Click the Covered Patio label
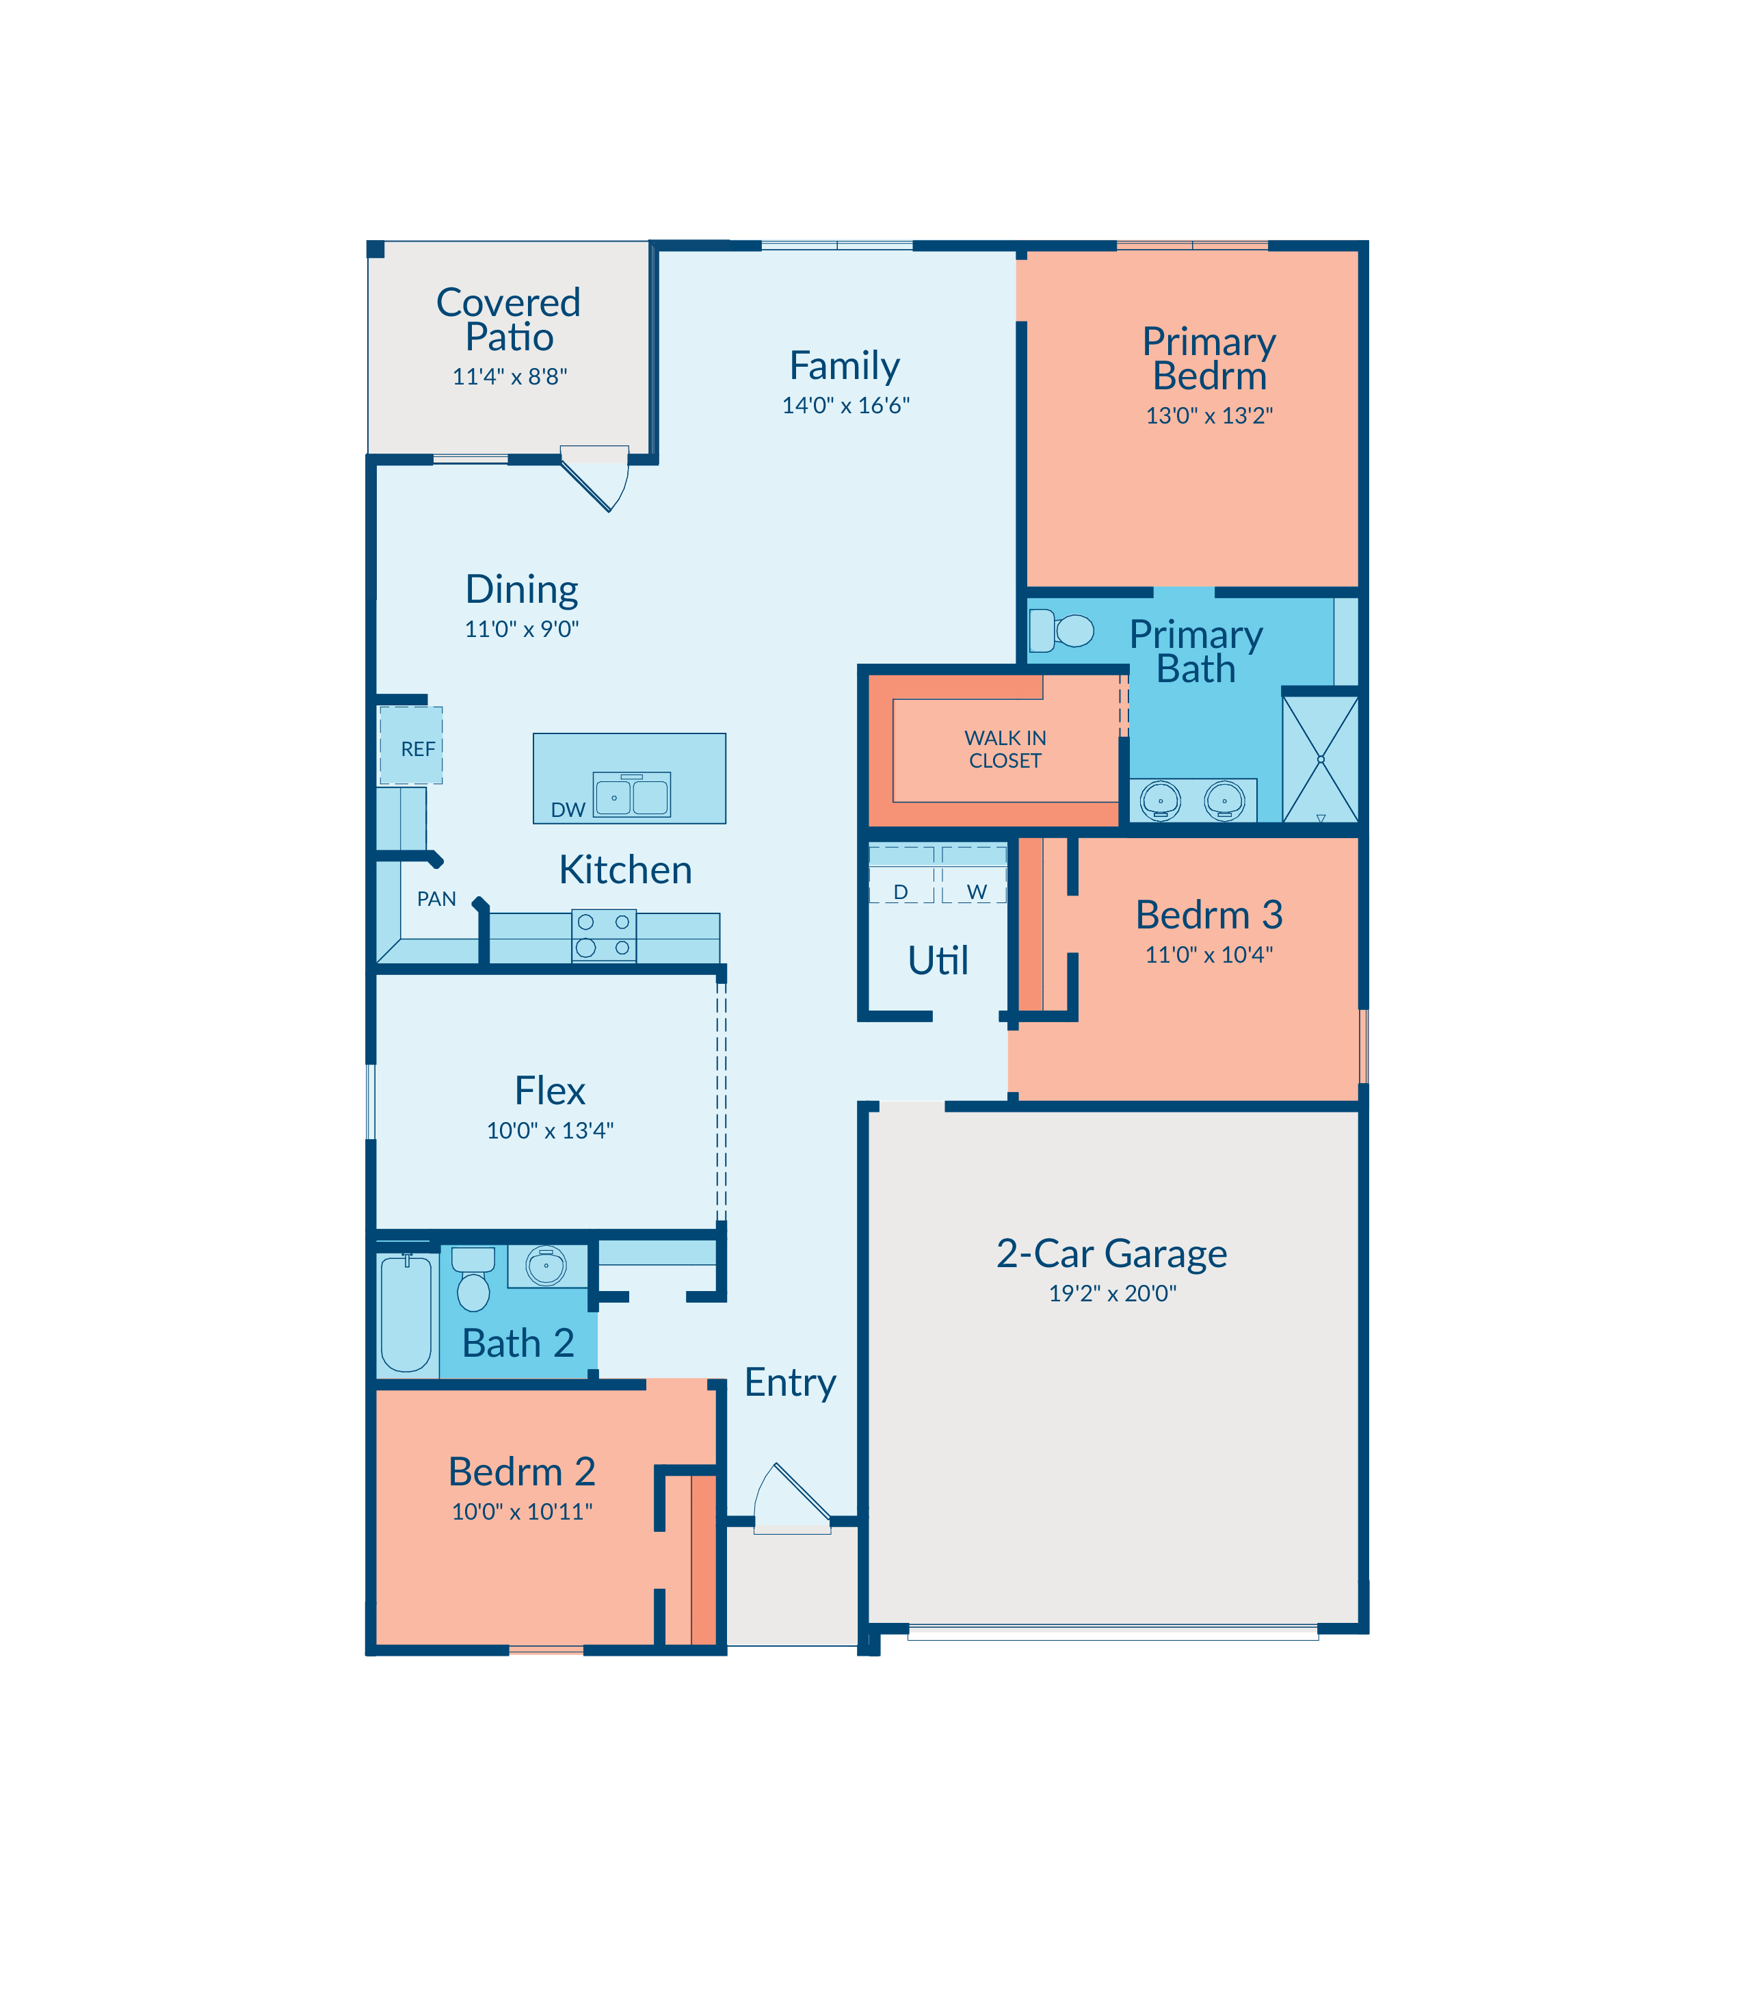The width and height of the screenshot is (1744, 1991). tap(508, 320)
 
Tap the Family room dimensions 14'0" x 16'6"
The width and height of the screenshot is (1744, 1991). tap(846, 405)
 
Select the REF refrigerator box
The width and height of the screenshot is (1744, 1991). tap(411, 746)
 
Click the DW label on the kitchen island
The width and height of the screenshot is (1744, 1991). tap(568, 810)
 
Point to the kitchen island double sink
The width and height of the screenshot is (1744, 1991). tap(632, 794)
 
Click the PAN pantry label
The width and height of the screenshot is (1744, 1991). tap(436, 898)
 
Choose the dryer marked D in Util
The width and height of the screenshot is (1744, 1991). tap(901, 874)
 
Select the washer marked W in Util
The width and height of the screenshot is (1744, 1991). tap(974, 874)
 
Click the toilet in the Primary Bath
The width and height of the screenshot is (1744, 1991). tap(1061, 630)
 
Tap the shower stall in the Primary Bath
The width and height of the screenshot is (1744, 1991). tap(1321, 759)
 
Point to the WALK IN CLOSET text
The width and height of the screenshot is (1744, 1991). tap(1005, 750)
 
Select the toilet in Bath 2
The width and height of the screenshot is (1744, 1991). tap(473, 1278)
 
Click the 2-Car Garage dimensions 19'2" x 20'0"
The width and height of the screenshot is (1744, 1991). tap(1112, 1293)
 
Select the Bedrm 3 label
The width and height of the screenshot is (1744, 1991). tap(1208, 915)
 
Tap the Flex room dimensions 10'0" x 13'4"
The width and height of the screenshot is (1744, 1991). tap(550, 1130)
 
